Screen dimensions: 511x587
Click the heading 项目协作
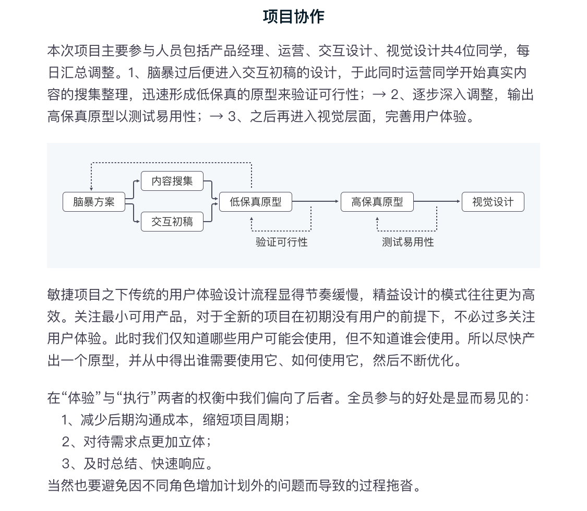[x=293, y=17]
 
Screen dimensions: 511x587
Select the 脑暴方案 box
[x=94, y=202]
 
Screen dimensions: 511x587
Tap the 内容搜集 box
[x=172, y=181]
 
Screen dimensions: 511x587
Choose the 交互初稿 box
[x=172, y=222]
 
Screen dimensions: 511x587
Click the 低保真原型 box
[x=256, y=202]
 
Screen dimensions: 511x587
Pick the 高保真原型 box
[x=377, y=202]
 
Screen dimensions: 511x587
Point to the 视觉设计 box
[x=493, y=202]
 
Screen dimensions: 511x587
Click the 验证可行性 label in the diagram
[x=281, y=242]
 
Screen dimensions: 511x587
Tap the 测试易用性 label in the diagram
[x=408, y=242]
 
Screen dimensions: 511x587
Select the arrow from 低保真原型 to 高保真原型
[x=316, y=201]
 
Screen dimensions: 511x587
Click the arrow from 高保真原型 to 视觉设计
[x=437, y=201]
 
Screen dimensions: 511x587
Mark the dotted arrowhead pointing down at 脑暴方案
[x=91, y=189]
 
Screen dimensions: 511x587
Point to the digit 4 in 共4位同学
[x=458, y=51]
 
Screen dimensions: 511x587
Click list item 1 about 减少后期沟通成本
[x=175, y=420]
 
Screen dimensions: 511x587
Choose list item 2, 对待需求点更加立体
[x=136, y=442]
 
